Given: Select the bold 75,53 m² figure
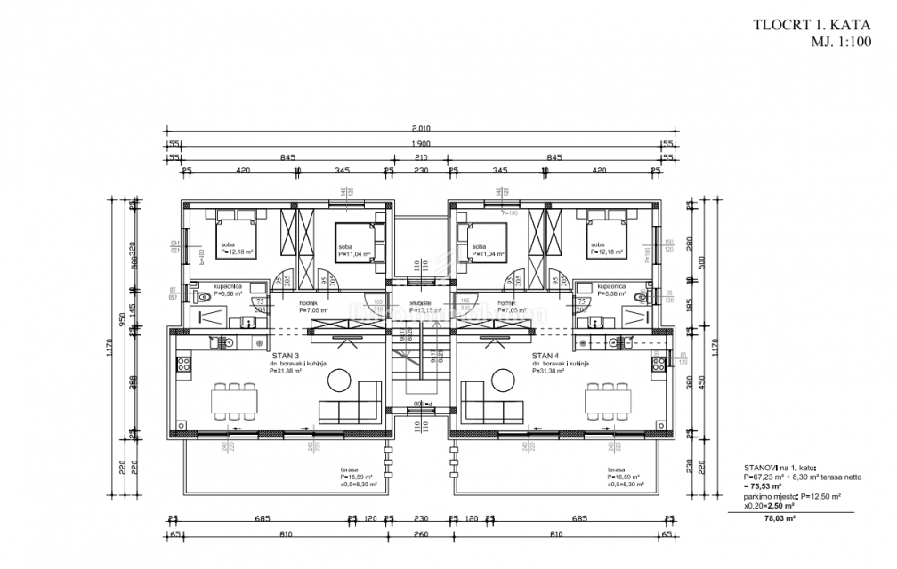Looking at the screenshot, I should [765, 487].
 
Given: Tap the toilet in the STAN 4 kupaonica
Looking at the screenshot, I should [642, 297].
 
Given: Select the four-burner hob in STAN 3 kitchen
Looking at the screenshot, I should [185, 363].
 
